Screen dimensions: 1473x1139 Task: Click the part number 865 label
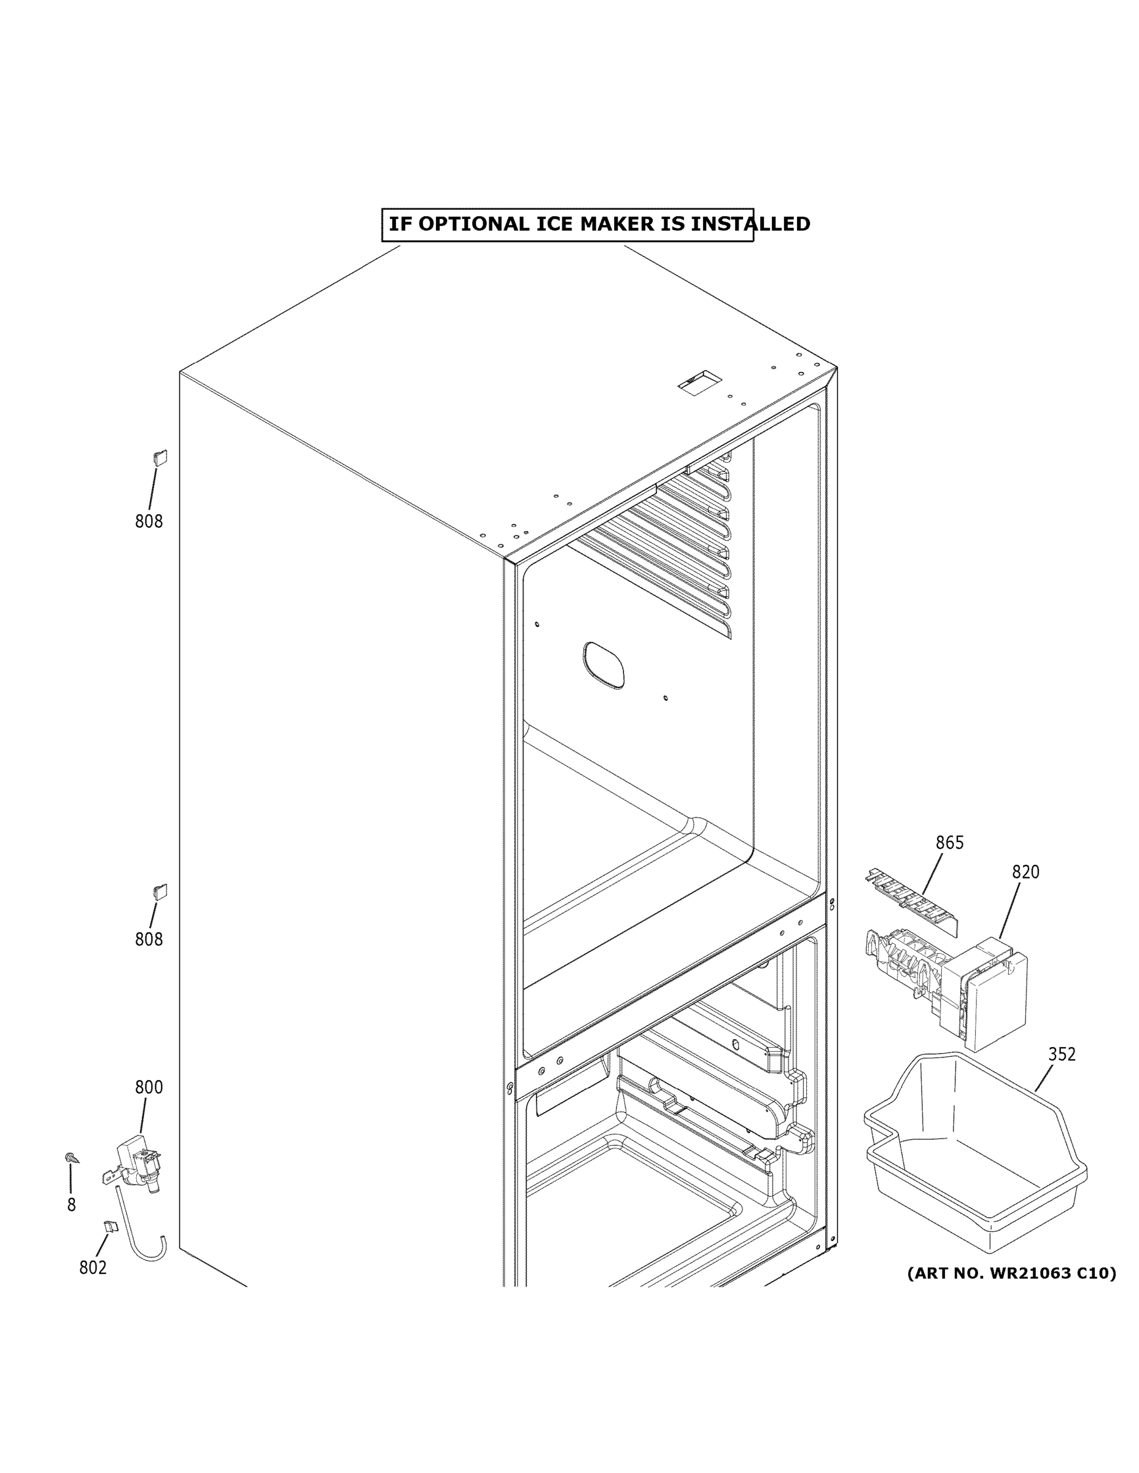(949, 843)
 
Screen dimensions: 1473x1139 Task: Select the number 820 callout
(1025, 872)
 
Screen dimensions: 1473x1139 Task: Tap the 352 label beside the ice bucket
(1062, 1053)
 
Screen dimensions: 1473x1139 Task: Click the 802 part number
(93, 1267)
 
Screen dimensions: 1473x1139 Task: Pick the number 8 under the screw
(71, 1205)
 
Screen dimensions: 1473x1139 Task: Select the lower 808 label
(149, 939)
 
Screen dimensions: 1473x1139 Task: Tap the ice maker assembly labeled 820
(958, 984)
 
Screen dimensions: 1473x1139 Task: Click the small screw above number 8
(71, 1158)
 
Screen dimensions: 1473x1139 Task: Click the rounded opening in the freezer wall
(603, 665)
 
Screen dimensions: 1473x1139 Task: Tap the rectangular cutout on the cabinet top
(700, 382)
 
